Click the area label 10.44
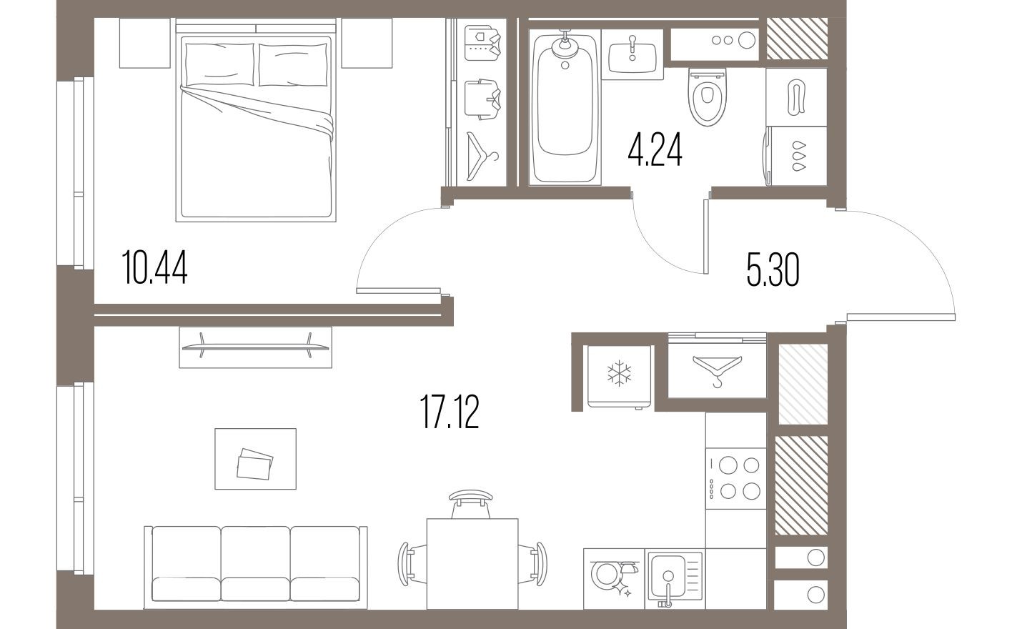click(x=154, y=268)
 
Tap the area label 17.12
click(x=449, y=413)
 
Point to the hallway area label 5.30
click(x=773, y=271)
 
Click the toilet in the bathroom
click(x=708, y=97)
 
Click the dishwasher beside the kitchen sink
click(x=614, y=578)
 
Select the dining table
click(x=472, y=563)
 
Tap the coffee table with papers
click(x=255, y=458)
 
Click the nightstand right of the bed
click(x=367, y=43)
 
